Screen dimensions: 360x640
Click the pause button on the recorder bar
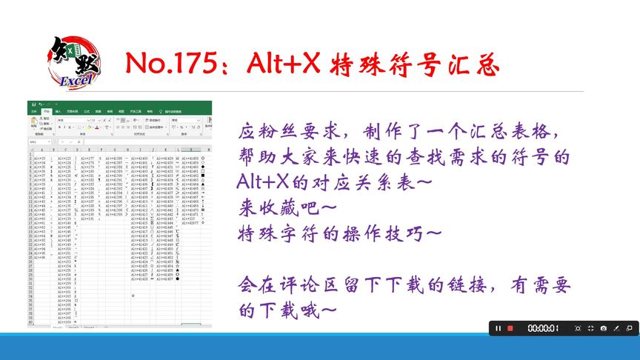point(499,328)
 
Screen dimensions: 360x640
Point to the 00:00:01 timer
point(543,328)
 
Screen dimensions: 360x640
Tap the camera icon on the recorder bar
point(604,328)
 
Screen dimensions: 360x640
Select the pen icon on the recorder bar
point(617,328)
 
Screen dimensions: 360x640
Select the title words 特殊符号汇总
point(416,65)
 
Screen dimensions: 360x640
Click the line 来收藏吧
point(282,207)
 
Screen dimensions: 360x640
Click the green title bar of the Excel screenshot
point(119,104)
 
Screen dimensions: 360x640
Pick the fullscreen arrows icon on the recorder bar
point(590,328)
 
